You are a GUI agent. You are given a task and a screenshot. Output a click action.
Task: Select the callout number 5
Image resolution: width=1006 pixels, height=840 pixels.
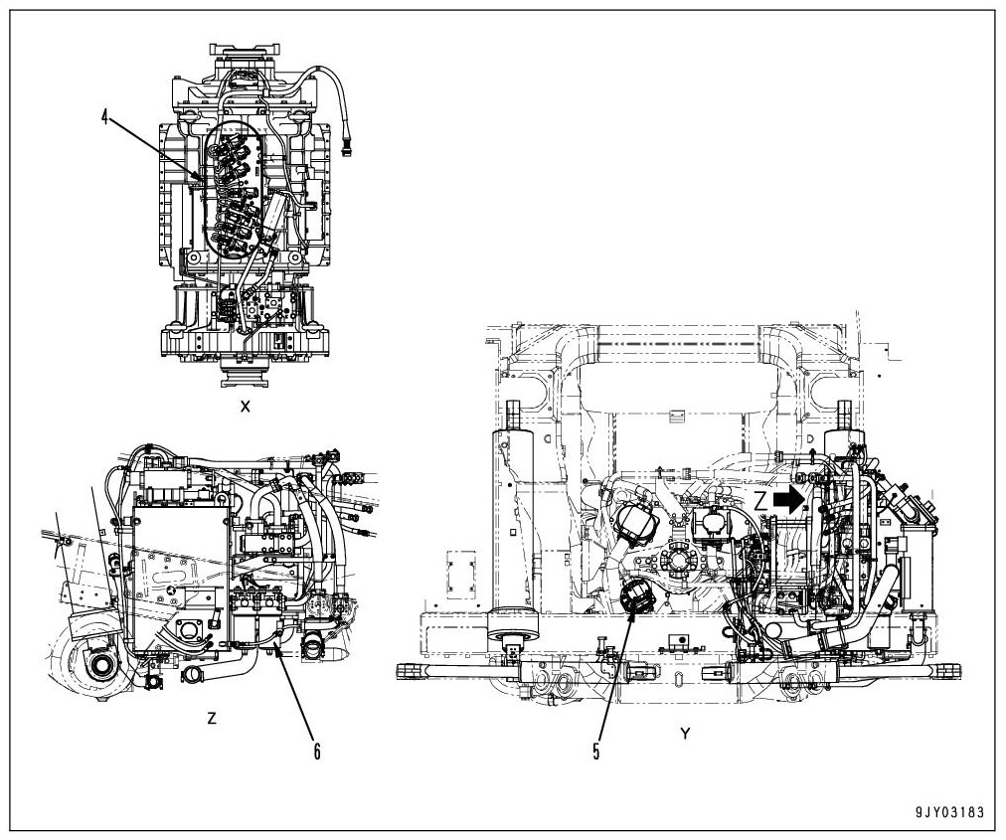point(596,752)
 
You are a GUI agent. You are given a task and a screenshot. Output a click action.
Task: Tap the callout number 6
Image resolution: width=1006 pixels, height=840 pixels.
point(317,752)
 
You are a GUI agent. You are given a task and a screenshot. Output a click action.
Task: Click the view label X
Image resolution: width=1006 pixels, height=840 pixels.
point(245,409)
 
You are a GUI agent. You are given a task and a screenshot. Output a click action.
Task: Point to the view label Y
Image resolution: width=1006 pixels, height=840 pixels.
point(685,733)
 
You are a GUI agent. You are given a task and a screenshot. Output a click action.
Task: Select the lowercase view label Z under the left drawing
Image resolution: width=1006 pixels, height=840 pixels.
point(211,718)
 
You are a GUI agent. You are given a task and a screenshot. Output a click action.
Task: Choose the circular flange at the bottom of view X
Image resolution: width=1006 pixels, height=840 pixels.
point(245,375)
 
